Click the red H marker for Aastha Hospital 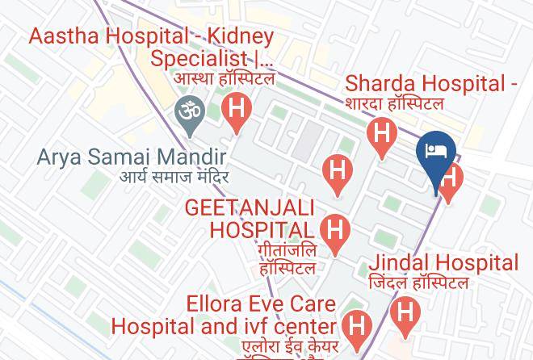[x=237, y=109]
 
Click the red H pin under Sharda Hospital [x=381, y=132]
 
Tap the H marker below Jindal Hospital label [x=405, y=312]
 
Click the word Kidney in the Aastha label [x=238, y=37]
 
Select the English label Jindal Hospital [x=443, y=263]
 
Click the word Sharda [x=376, y=84]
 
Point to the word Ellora [x=216, y=305]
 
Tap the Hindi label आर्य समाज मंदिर [x=174, y=176]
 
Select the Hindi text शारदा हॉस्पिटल [x=394, y=103]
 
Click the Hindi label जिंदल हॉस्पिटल [x=418, y=283]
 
